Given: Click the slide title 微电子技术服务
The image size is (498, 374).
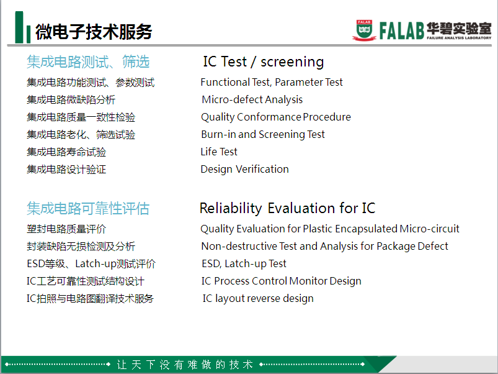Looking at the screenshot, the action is coord(94,32).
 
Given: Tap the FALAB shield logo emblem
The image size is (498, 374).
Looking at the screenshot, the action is coord(364,30).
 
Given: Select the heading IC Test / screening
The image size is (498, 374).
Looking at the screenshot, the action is coord(264,62).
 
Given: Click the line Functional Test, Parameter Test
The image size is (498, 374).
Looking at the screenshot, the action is coord(272,83).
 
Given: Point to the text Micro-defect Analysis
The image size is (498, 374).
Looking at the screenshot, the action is coord(252,100).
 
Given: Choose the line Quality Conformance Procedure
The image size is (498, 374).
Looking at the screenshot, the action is coord(276,117).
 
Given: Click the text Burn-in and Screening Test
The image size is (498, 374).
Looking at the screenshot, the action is coord(263,135).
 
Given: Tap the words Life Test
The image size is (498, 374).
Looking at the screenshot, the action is coord(219,152).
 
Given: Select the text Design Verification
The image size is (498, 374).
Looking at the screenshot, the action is coord(244,169).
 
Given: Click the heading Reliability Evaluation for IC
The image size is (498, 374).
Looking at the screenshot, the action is coord(287,208).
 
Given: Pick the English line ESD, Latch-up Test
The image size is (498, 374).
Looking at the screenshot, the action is coord(244,263).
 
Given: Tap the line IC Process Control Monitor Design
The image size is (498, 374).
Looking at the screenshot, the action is coord(282,281).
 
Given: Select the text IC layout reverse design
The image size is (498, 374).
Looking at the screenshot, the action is coord(258,299).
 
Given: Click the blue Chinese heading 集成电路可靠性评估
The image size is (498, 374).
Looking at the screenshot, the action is coord(88,209).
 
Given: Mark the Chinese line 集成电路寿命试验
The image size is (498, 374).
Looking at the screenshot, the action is coord(66,152).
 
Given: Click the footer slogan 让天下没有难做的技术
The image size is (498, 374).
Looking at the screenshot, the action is coord(185,365).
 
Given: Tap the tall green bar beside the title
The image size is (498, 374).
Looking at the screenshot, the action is coord(19,27).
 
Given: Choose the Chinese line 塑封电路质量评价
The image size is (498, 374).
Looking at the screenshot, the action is coord(66,229).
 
